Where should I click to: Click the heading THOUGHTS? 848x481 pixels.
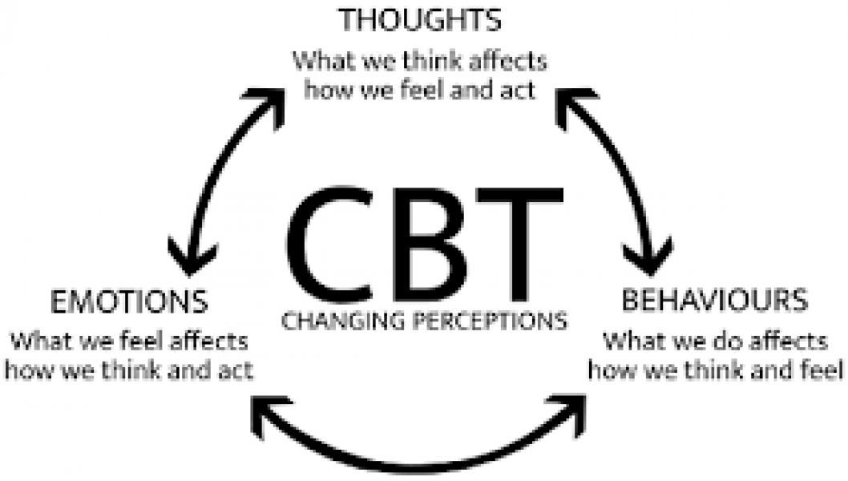click(x=420, y=19)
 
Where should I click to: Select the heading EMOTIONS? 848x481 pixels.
click(x=129, y=302)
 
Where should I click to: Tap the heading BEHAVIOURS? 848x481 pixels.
click(x=714, y=301)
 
